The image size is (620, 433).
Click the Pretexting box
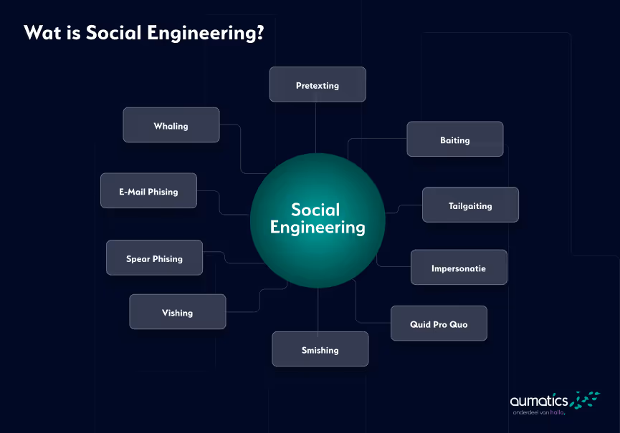coord(318,84)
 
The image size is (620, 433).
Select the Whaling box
coord(171,125)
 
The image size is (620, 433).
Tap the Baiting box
coord(454,140)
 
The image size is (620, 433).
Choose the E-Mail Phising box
coord(148,191)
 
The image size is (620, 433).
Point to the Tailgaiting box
coord(470,205)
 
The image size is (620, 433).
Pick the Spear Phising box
coord(154,258)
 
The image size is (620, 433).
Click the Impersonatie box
coord(459,268)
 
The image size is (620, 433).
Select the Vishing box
coord(177,312)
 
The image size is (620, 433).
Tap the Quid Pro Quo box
coord(439,323)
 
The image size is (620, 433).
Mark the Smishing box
coord(320,350)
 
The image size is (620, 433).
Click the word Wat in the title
coord(40,33)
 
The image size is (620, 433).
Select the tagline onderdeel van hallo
coord(539,413)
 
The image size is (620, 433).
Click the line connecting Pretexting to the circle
coord(316,127)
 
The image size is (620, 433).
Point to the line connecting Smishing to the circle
coord(318,309)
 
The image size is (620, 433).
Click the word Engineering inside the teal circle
coord(318,228)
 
